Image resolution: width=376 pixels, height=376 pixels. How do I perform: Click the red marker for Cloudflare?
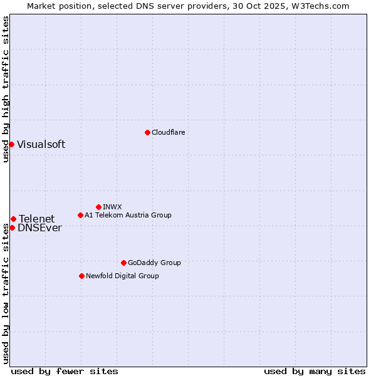click(x=147, y=132)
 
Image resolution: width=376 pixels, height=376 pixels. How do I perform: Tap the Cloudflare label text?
click(x=168, y=132)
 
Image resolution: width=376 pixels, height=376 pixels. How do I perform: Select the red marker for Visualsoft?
click(x=11, y=144)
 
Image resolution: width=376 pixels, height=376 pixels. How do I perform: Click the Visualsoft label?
click(x=41, y=144)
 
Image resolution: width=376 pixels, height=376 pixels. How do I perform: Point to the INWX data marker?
click(x=98, y=207)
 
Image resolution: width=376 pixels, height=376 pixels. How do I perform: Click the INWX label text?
click(x=112, y=207)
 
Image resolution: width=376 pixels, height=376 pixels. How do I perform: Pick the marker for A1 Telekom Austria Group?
click(x=80, y=215)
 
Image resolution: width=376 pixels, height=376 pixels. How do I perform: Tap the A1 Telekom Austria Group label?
click(x=128, y=215)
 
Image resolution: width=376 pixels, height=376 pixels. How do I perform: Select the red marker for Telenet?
click(x=13, y=219)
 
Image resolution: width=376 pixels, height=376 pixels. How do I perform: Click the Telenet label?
click(x=36, y=219)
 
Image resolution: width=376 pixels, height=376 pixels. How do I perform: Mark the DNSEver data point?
click(x=12, y=227)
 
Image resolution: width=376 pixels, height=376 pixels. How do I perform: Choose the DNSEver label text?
click(x=39, y=228)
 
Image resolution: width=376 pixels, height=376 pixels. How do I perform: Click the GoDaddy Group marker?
click(x=123, y=263)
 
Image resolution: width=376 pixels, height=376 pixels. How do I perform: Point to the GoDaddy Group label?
click(x=154, y=263)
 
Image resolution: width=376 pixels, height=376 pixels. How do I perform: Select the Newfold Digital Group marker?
click(x=81, y=276)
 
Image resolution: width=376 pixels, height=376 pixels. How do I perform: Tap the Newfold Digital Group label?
click(x=122, y=276)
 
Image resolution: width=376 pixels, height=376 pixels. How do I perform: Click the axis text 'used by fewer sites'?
click(x=65, y=371)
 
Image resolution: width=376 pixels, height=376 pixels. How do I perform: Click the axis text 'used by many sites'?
click(x=315, y=371)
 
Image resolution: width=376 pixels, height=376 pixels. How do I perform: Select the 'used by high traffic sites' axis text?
click(x=6, y=89)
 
